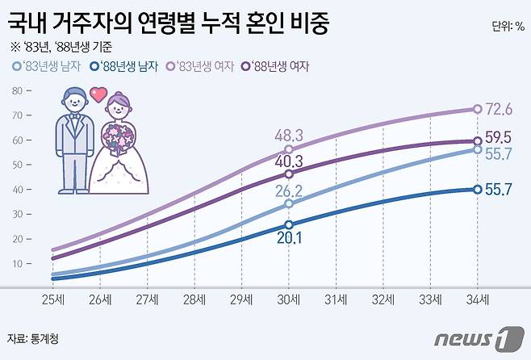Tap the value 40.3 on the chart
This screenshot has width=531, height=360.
(289, 161)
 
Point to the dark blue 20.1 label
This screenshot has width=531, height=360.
(288, 237)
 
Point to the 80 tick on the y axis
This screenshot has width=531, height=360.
(17, 90)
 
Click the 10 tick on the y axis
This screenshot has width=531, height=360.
(17, 264)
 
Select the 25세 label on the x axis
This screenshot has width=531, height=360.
(52, 299)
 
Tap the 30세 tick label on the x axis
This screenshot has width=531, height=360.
(289, 299)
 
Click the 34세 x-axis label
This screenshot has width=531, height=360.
(478, 299)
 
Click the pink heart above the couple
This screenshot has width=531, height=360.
(98, 94)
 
